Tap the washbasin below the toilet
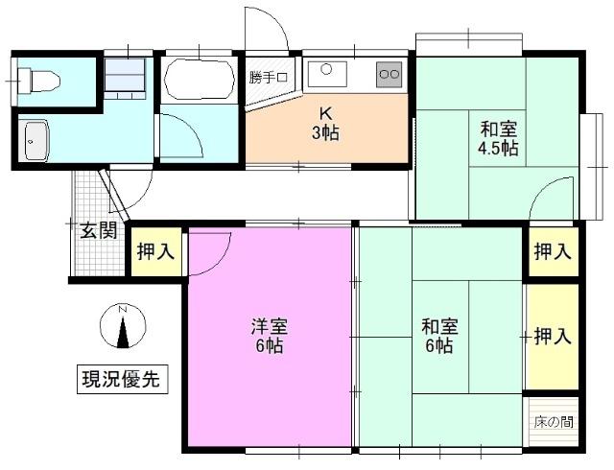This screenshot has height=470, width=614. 35,142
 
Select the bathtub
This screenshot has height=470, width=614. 199,80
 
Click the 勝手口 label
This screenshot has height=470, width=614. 268,78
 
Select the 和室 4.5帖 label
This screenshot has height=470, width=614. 499,138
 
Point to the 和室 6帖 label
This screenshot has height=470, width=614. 439,337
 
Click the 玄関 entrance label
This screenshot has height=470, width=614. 98,230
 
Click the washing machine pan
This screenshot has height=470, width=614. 126,76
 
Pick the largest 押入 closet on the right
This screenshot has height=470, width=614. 553,337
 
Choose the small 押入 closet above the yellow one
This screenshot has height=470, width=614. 553,252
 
